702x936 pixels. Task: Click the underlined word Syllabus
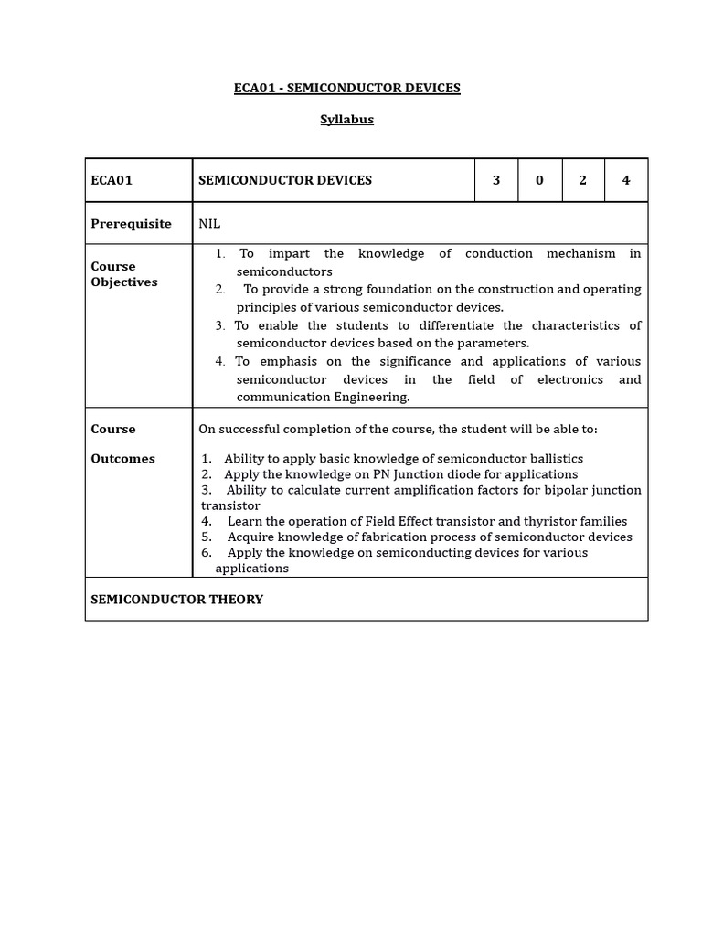pos(346,120)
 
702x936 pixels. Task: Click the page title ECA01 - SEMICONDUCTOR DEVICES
pos(347,89)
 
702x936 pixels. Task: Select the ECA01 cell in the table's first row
pos(112,180)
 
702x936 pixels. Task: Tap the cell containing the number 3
pos(496,180)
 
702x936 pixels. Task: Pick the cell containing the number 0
pos(539,180)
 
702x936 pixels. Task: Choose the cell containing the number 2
pos(583,180)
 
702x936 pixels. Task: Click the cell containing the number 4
pos(626,180)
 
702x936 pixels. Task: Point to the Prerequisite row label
pos(131,224)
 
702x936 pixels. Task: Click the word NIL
pos(209,224)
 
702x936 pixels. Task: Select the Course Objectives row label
pos(124,274)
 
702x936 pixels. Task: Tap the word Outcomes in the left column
pos(122,459)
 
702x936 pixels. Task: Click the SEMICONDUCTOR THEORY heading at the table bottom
pos(176,600)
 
